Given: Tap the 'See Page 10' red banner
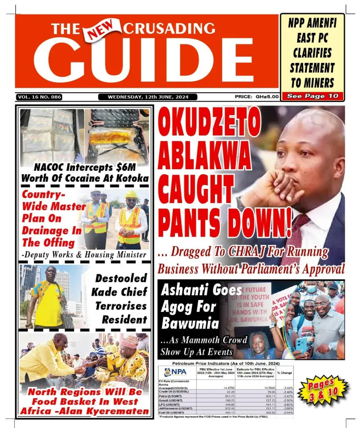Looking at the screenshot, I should coord(312,96).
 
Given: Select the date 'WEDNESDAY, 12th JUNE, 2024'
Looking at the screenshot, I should coord(148,97).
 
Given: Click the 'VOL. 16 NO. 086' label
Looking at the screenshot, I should coord(39,97).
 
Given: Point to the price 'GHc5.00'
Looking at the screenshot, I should coord(267,97).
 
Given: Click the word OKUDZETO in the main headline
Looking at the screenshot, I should coord(210,124).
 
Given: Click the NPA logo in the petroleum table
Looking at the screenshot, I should coord(176,372).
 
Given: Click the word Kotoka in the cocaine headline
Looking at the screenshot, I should coord(128,178).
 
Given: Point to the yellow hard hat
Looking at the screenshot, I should coord(131,194).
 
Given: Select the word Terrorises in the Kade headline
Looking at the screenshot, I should coord(121,305).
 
